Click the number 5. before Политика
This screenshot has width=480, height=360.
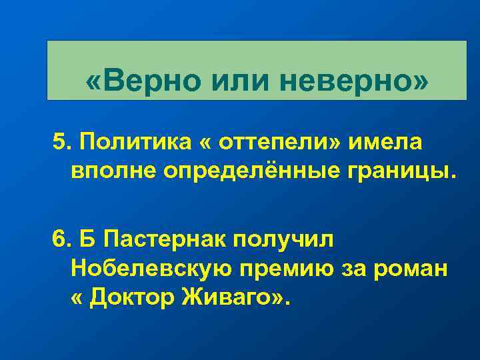(x=62, y=142)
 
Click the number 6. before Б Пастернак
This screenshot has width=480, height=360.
(x=62, y=238)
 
